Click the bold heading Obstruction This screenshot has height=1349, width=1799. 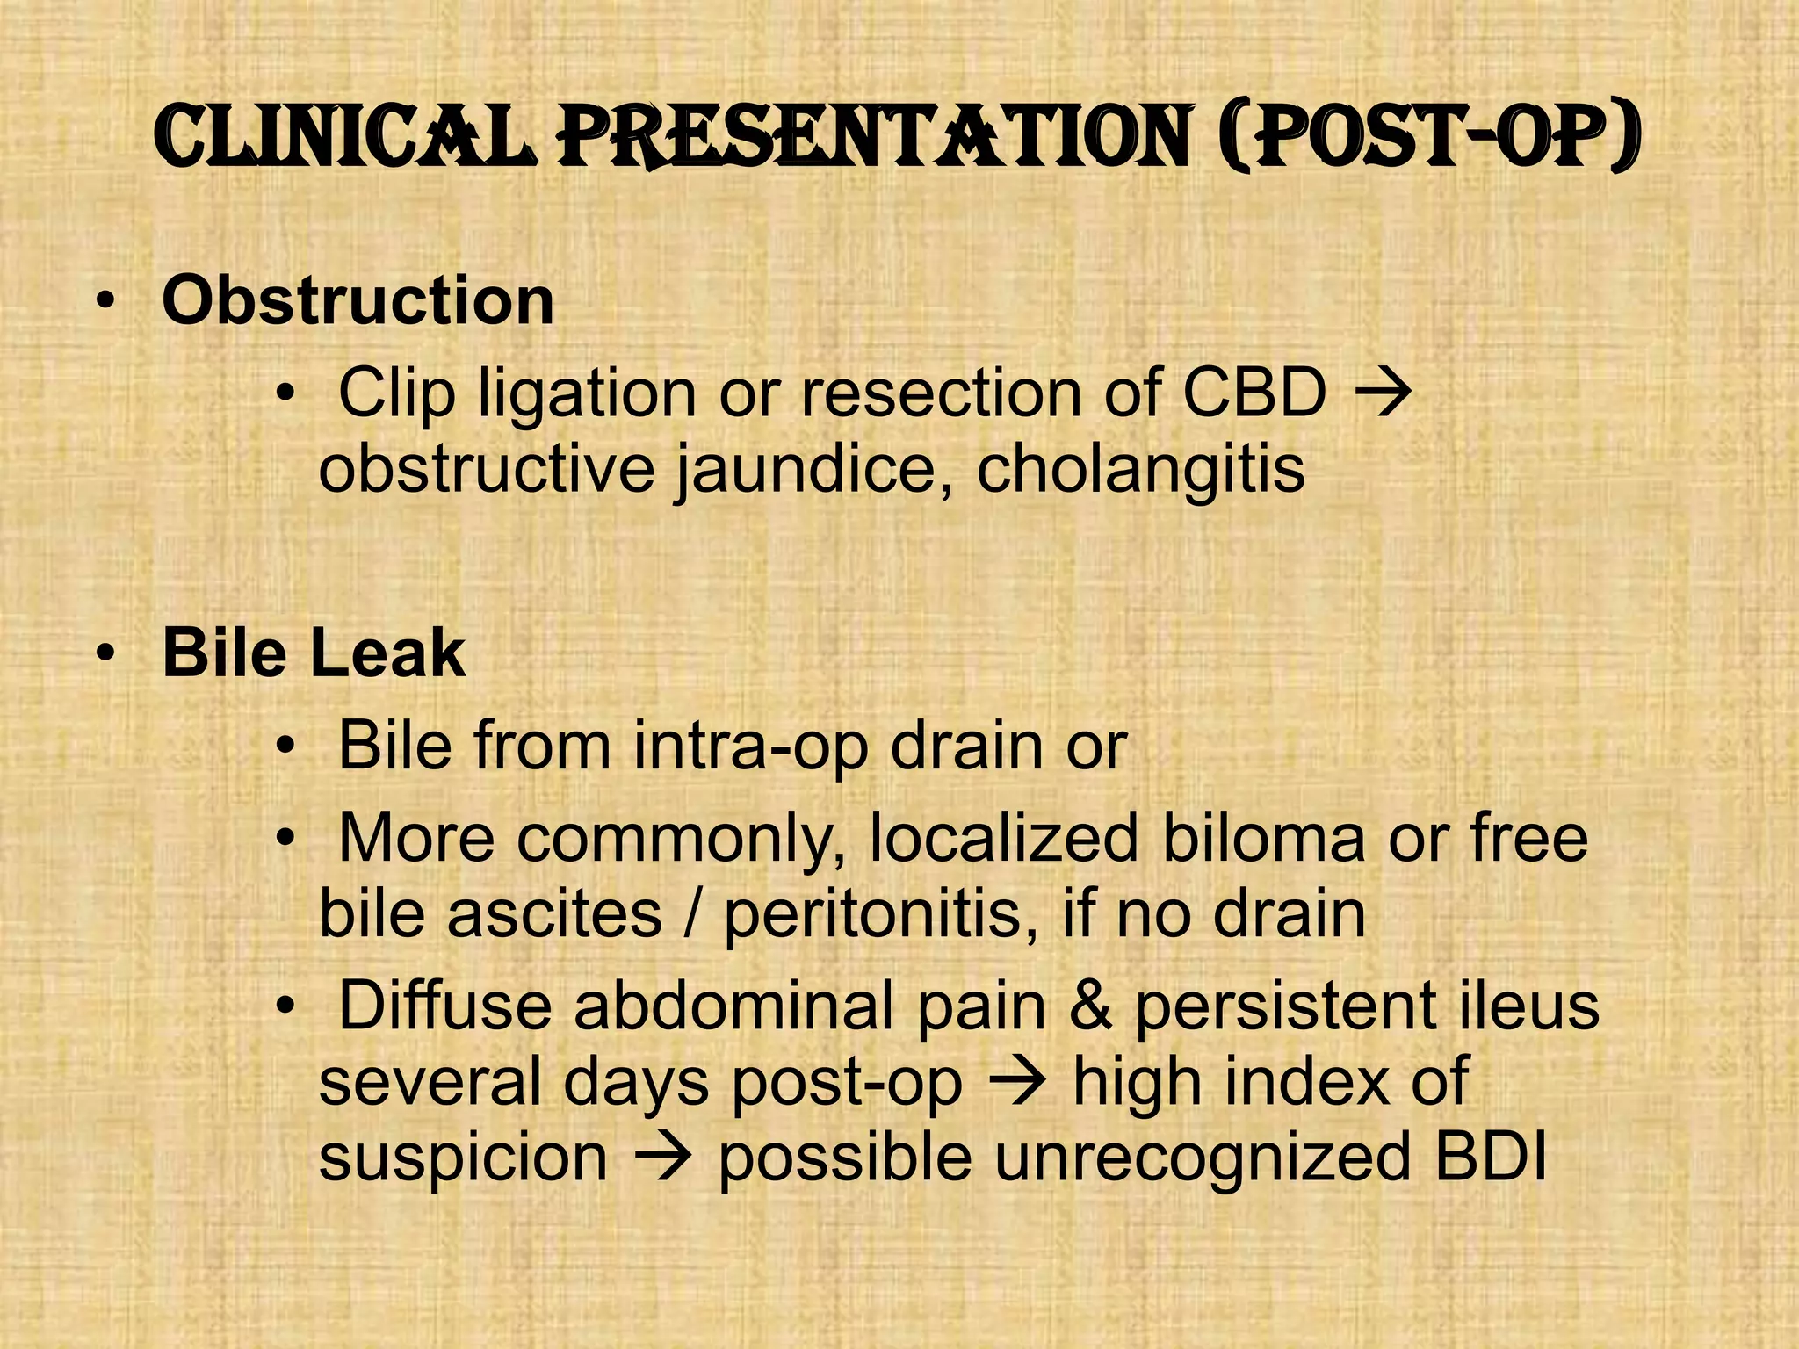pos(358,301)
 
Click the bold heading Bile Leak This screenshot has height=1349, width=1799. pos(314,653)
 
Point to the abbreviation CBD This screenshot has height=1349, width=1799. pos(1254,393)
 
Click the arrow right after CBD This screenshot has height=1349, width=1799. pos(1384,393)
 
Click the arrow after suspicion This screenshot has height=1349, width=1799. pos(663,1158)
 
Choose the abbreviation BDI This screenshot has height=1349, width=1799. pos(1490,1157)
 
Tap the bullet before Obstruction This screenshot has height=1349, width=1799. pos(105,304)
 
